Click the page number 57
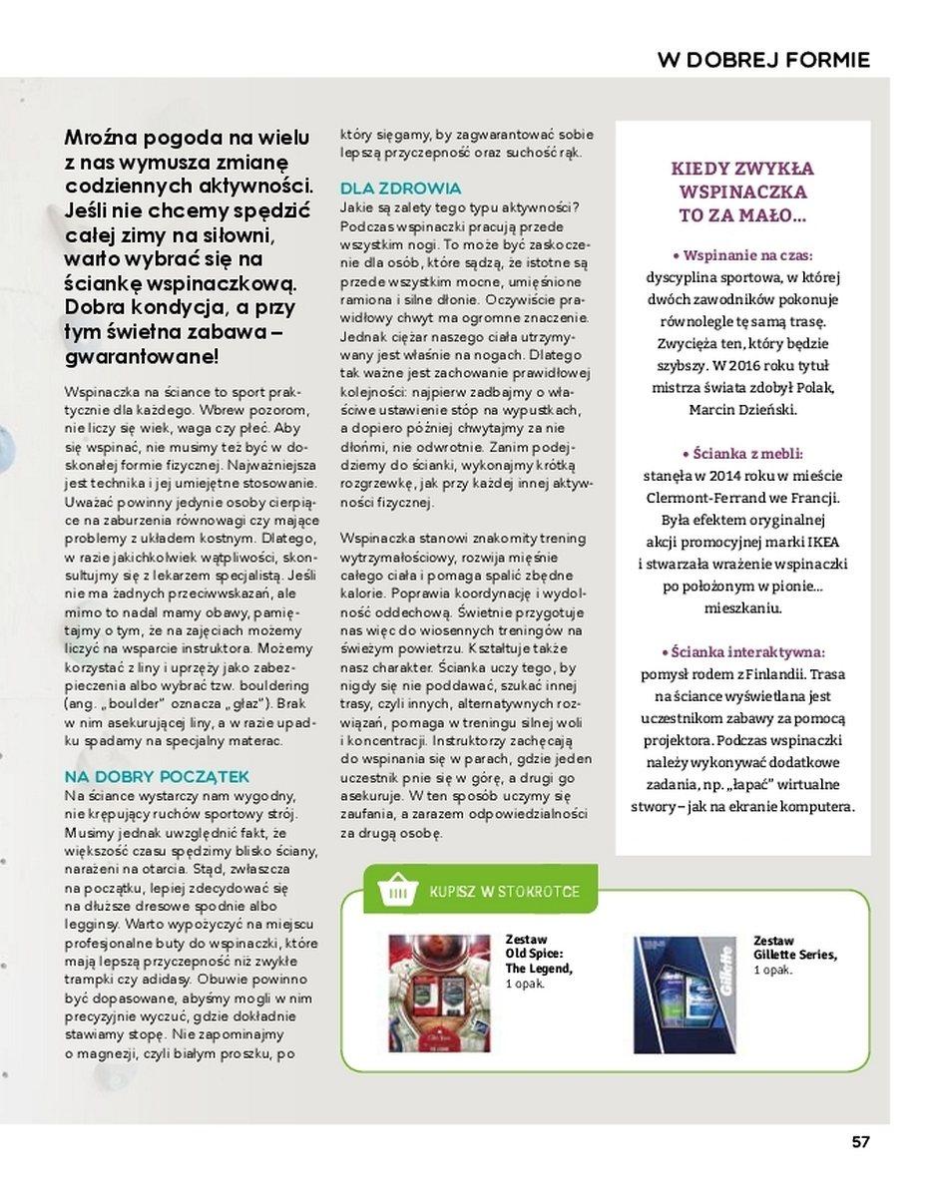860,1142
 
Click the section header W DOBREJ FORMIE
763,60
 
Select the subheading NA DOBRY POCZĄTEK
157,776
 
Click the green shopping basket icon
398,891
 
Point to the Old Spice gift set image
440,993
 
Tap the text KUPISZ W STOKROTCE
504,891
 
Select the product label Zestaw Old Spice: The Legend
539,955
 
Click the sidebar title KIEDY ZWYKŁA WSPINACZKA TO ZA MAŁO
742,192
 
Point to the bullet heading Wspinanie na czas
742,254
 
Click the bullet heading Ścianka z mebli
742,452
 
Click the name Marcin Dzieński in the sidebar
742,409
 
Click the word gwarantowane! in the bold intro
142,356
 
